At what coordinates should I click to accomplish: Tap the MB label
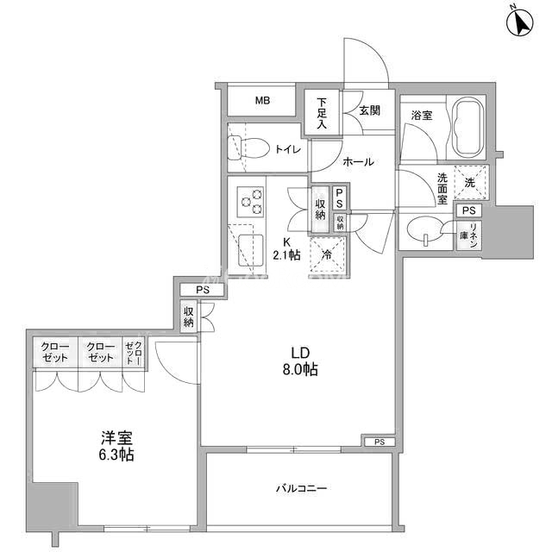[x=262, y=101]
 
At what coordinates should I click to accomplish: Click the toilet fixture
[x=247, y=147]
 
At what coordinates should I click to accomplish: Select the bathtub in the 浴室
[x=467, y=129]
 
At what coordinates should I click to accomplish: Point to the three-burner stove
[x=251, y=202]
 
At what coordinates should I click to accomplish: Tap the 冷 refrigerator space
[x=327, y=254]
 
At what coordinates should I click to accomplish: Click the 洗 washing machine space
[x=470, y=182]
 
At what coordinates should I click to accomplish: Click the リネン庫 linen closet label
[x=468, y=235]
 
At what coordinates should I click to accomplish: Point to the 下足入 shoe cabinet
[x=322, y=113]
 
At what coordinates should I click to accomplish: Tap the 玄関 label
[x=370, y=110]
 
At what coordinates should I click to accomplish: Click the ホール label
[x=358, y=162]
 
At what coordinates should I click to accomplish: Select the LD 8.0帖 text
[x=300, y=361]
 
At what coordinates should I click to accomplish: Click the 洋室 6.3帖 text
[x=116, y=446]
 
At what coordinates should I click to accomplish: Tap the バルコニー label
[x=301, y=488]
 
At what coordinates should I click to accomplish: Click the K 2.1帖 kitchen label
[x=286, y=248]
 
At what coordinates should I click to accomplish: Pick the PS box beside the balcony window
[x=379, y=442]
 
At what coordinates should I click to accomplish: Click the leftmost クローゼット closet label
[x=55, y=353]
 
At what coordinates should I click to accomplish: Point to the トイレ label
[x=288, y=149]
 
